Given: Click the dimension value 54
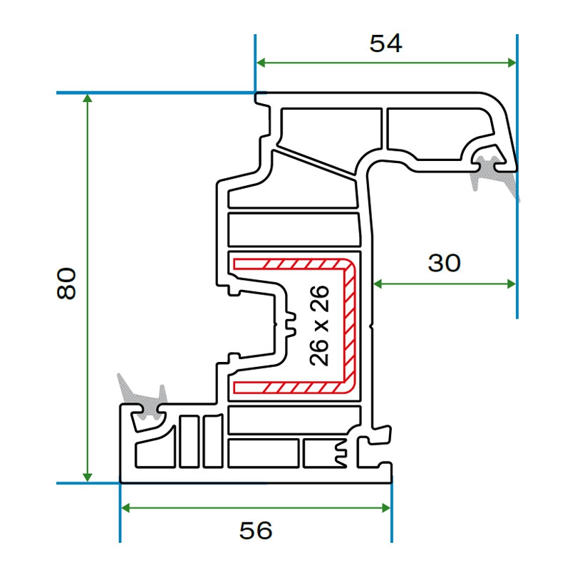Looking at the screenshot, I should (385, 44).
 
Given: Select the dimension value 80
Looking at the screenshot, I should (66, 284).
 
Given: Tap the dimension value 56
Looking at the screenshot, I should (256, 530).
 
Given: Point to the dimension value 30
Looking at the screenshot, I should (444, 264).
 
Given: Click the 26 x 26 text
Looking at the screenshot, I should (320, 326).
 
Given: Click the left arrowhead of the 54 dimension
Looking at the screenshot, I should (261, 63).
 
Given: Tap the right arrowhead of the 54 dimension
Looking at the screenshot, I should (511, 63).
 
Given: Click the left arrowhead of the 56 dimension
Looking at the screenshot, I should (126, 507).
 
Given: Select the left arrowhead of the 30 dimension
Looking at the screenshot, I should (378, 284).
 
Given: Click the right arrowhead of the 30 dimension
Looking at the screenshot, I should (511, 284).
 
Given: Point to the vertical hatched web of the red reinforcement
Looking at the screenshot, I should (350, 326).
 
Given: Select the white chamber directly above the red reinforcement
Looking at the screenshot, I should (293, 229).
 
